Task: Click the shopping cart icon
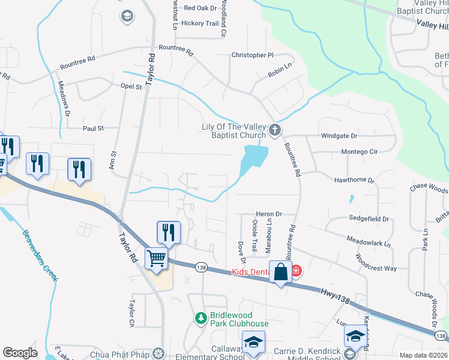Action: pyautogui.click(x=157, y=259)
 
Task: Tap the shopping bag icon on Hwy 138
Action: pyautogui.click(x=280, y=272)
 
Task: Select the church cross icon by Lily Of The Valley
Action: pyautogui.click(x=275, y=130)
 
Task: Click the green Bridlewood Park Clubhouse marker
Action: pyautogui.click(x=202, y=317)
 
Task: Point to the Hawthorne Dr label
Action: pyautogui.click(x=354, y=180)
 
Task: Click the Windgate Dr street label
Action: pyautogui.click(x=339, y=136)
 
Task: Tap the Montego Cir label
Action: pyautogui.click(x=359, y=152)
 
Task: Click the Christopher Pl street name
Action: pyautogui.click(x=253, y=55)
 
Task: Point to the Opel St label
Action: pyautogui.click(x=131, y=86)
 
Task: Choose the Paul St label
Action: pyautogui.click(x=94, y=128)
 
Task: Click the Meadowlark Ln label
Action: pyautogui.click(x=369, y=242)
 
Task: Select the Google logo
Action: pyautogui.click(x=20, y=353)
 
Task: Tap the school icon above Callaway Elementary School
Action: pyautogui.click(x=254, y=343)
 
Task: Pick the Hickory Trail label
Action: pyautogui.click(x=200, y=23)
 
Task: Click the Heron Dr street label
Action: pyautogui.click(x=268, y=214)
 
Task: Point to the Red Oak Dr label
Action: pyautogui.click(x=200, y=8)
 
